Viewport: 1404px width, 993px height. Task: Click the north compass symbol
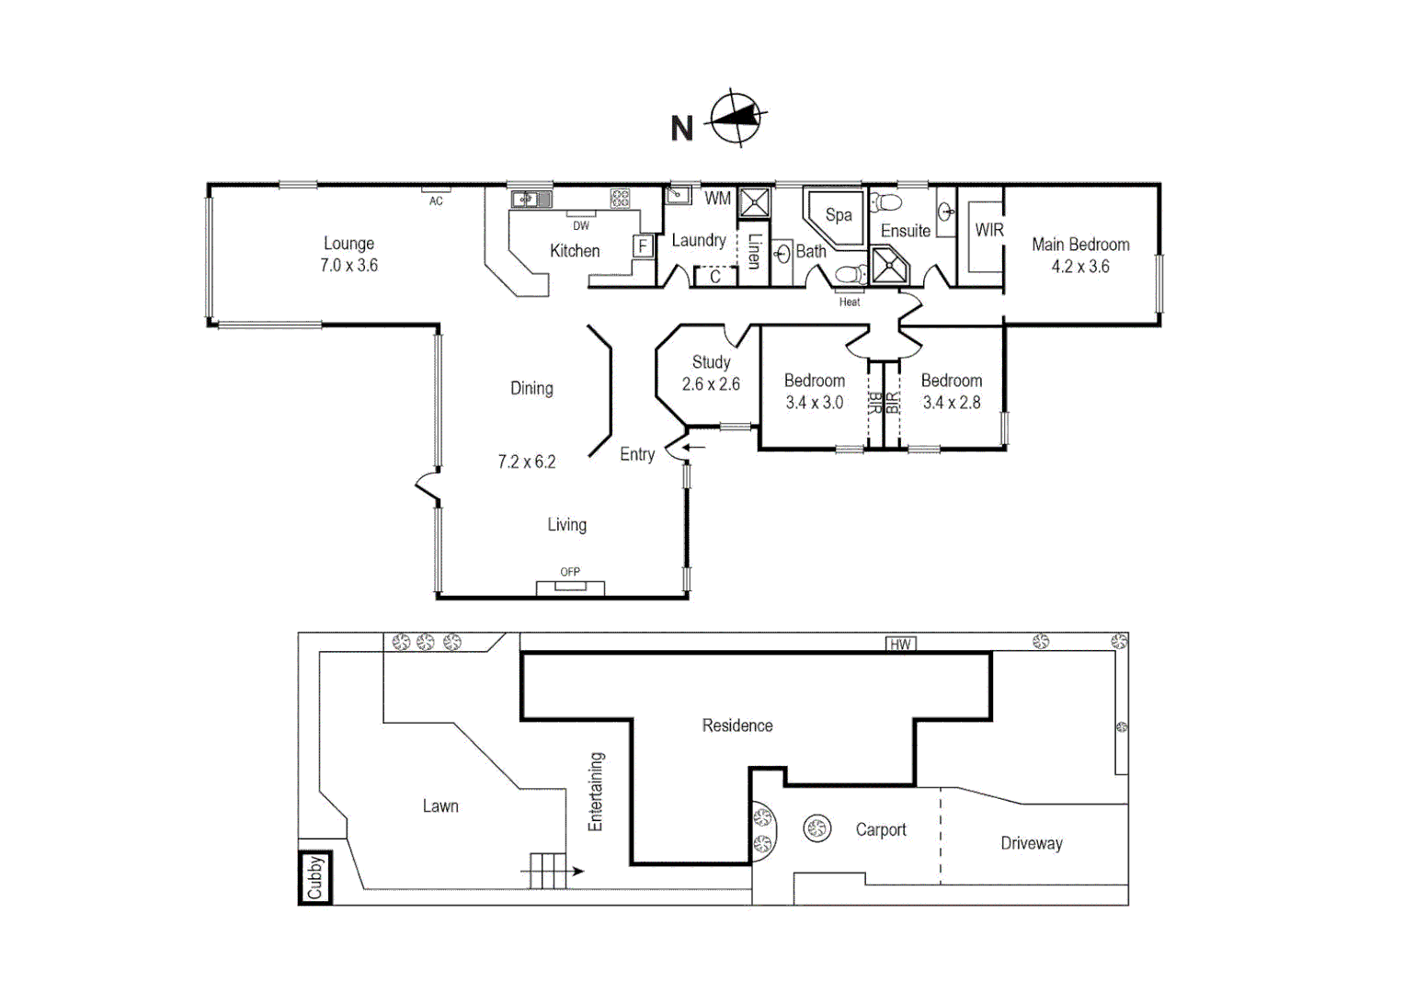pyautogui.click(x=736, y=118)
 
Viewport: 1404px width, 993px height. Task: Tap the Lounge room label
pyautogui.click(x=348, y=244)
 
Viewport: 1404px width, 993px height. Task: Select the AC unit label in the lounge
pyautogui.click(x=436, y=200)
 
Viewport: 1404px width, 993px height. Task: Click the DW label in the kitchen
pyautogui.click(x=581, y=225)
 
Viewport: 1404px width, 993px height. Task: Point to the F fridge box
pyautogui.click(x=643, y=246)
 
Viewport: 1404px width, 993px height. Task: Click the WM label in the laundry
pyautogui.click(x=717, y=199)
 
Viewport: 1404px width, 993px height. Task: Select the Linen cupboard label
pyautogui.click(x=754, y=250)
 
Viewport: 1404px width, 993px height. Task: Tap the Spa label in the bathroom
pyautogui.click(x=838, y=215)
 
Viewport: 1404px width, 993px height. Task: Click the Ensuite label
pyautogui.click(x=906, y=231)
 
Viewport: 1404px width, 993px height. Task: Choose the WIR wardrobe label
pyautogui.click(x=989, y=230)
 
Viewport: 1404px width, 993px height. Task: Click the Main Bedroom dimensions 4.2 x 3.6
pyautogui.click(x=1080, y=267)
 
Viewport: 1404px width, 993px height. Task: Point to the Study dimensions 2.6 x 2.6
pyautogui.click(x=711, y=384)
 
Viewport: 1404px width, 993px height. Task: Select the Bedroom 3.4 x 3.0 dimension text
pyautogui.click(x=814, y=403)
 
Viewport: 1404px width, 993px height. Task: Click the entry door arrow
pyautogui.click(x=692, y=448)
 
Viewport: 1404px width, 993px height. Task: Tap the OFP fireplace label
pyautogui.click(x=570, y=572)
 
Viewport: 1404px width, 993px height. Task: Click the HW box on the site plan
pyautogui.click(x=900, y=644)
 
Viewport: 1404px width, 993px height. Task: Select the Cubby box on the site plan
pyautogui.click(x=315, y=877)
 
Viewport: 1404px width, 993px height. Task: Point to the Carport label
pyautogui.click(x=881, y=829)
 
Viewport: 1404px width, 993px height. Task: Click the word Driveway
pyautogui.click(x=1032, y=843)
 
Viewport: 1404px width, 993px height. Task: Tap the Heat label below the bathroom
pyautogui.click(x=850, y=302)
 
